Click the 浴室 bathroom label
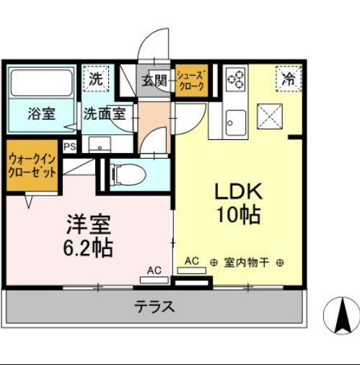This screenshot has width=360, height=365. coord(42,113)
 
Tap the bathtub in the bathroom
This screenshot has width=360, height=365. coord(42,82)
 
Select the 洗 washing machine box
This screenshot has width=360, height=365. coord(96,80)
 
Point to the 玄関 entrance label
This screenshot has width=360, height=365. coord(153,81)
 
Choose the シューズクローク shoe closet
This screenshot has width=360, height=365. coord(191,80)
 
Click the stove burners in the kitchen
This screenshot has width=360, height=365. coord(236,80)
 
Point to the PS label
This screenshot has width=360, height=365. coord(70,146)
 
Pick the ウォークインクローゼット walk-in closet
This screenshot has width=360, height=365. coord(32,167)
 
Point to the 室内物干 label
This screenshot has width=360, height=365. coord(245,263)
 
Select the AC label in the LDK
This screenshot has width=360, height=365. coord(192,260)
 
